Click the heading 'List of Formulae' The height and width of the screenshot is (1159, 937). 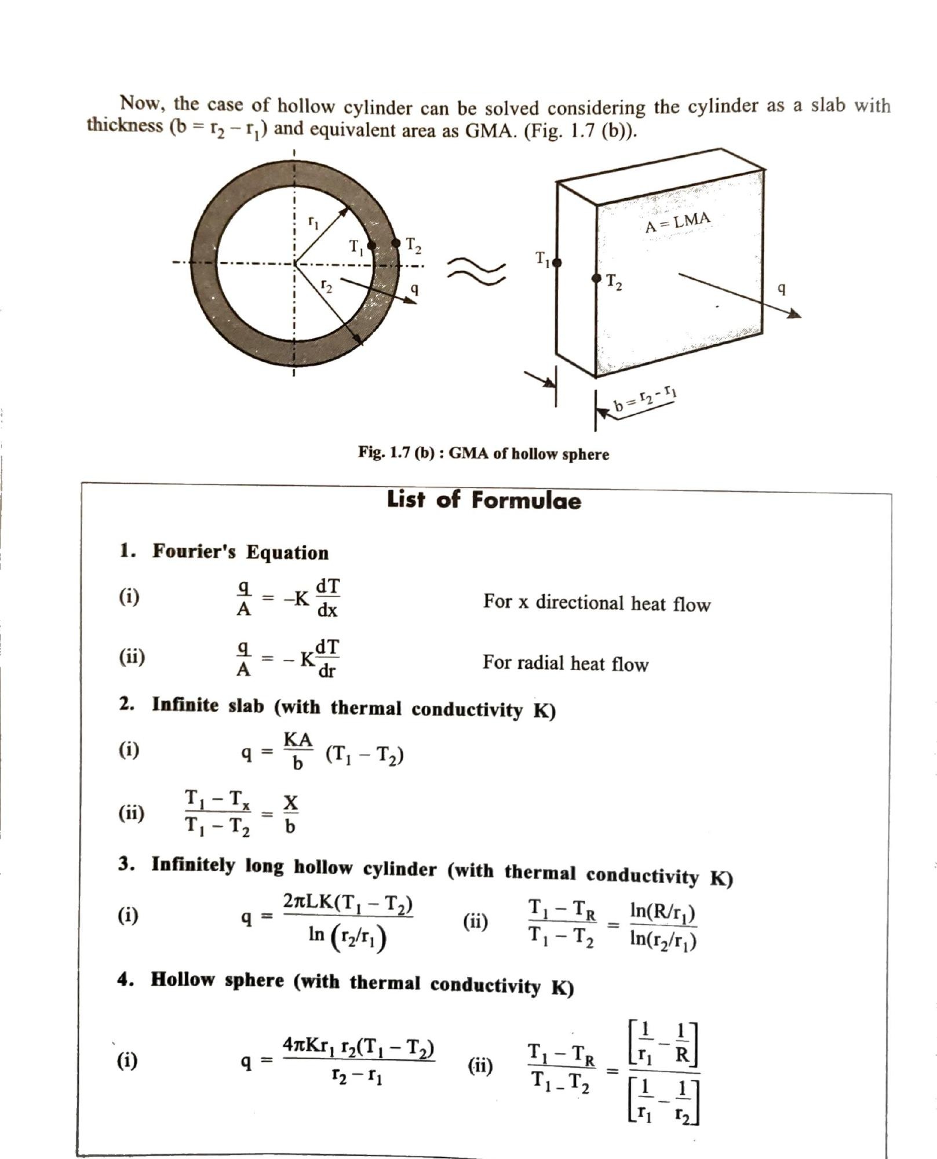[x=483, y=500]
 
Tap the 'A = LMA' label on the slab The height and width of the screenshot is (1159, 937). [x=677, y=222]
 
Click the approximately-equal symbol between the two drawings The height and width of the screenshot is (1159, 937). [x=476, y=272]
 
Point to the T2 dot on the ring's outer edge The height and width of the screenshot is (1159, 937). [x=397, y=243]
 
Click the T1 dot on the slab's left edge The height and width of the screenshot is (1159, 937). [x=557, y=263]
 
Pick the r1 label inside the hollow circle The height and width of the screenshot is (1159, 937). [x=313, y=222]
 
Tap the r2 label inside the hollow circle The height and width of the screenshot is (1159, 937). [x=327, y=286]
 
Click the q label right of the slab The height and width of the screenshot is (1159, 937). [x=782, y=287]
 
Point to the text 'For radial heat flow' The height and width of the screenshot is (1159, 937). [x=565, y=663]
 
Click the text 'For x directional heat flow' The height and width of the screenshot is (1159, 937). [x=596, y=603]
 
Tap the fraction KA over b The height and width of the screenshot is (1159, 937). [x=297, y=751]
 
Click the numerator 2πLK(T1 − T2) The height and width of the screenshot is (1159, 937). [x=348, y=904]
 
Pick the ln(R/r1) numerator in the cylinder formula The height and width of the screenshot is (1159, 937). [x=662, y=913]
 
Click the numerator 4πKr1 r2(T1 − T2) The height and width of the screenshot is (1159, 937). [x=359, y=1047]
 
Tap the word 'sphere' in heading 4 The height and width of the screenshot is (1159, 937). [x=254, y=981]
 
